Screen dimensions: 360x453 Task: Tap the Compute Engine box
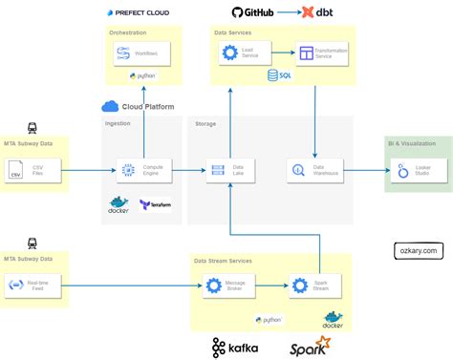click(140, 171)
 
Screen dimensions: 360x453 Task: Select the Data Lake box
click(229, 171)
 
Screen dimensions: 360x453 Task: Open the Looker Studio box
click(412, 171)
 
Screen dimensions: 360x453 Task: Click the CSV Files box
click(28, 171)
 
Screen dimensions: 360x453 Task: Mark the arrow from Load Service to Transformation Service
click(275, 53)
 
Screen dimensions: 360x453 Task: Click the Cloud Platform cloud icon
click(109, 106)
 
